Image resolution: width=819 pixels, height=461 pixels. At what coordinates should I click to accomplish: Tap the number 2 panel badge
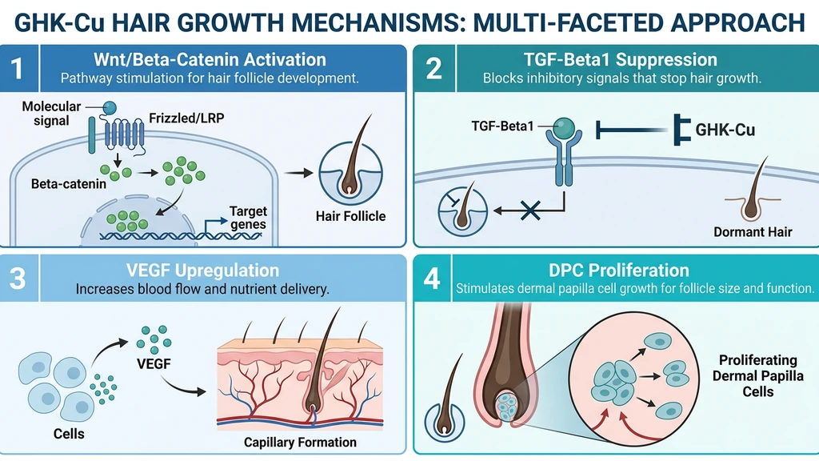pos(433,68)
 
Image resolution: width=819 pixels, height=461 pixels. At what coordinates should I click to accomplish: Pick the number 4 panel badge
pos(433,279)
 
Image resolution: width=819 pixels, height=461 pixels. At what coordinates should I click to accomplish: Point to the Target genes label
pos(248,218)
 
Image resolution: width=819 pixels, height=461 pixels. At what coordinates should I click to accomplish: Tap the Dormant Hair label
pos(753,232)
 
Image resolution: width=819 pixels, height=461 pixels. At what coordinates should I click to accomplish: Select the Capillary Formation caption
pos(301,442)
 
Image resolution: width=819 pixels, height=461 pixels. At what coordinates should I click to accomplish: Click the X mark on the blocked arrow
pos(528,211)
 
